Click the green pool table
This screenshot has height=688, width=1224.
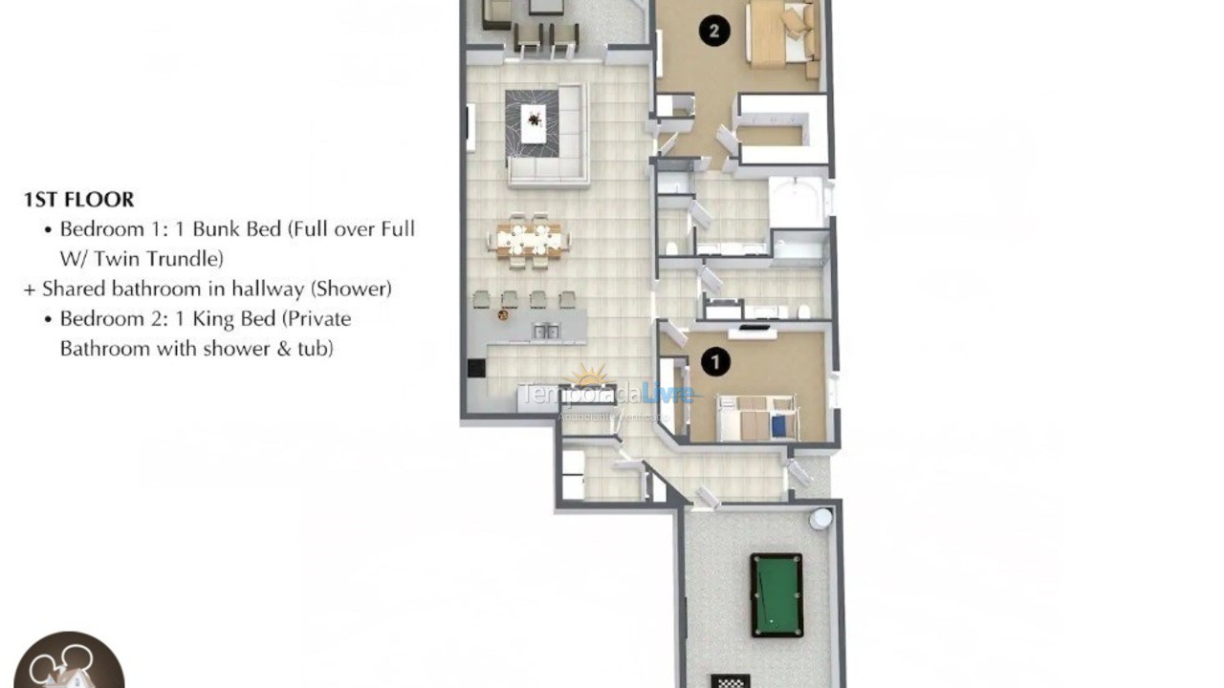tap(776, 594)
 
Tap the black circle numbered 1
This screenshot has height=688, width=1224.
tap(714, 361)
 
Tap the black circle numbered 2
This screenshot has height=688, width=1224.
tap(713, 32)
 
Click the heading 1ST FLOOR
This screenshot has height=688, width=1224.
tap(78, 200)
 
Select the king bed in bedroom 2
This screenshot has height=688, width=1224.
tap(780, 34)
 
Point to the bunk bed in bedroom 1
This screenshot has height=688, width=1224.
tap(756, 418)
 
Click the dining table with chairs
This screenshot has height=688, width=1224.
tap(529, 239)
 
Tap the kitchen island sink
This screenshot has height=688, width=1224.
tap(546, 331)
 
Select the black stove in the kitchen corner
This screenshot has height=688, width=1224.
tap(476, 369)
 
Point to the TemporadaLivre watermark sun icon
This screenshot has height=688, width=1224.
tap(589, 376)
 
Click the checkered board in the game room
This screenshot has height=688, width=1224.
tap(731, 681)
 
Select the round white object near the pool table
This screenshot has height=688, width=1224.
tap(821, 519)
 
